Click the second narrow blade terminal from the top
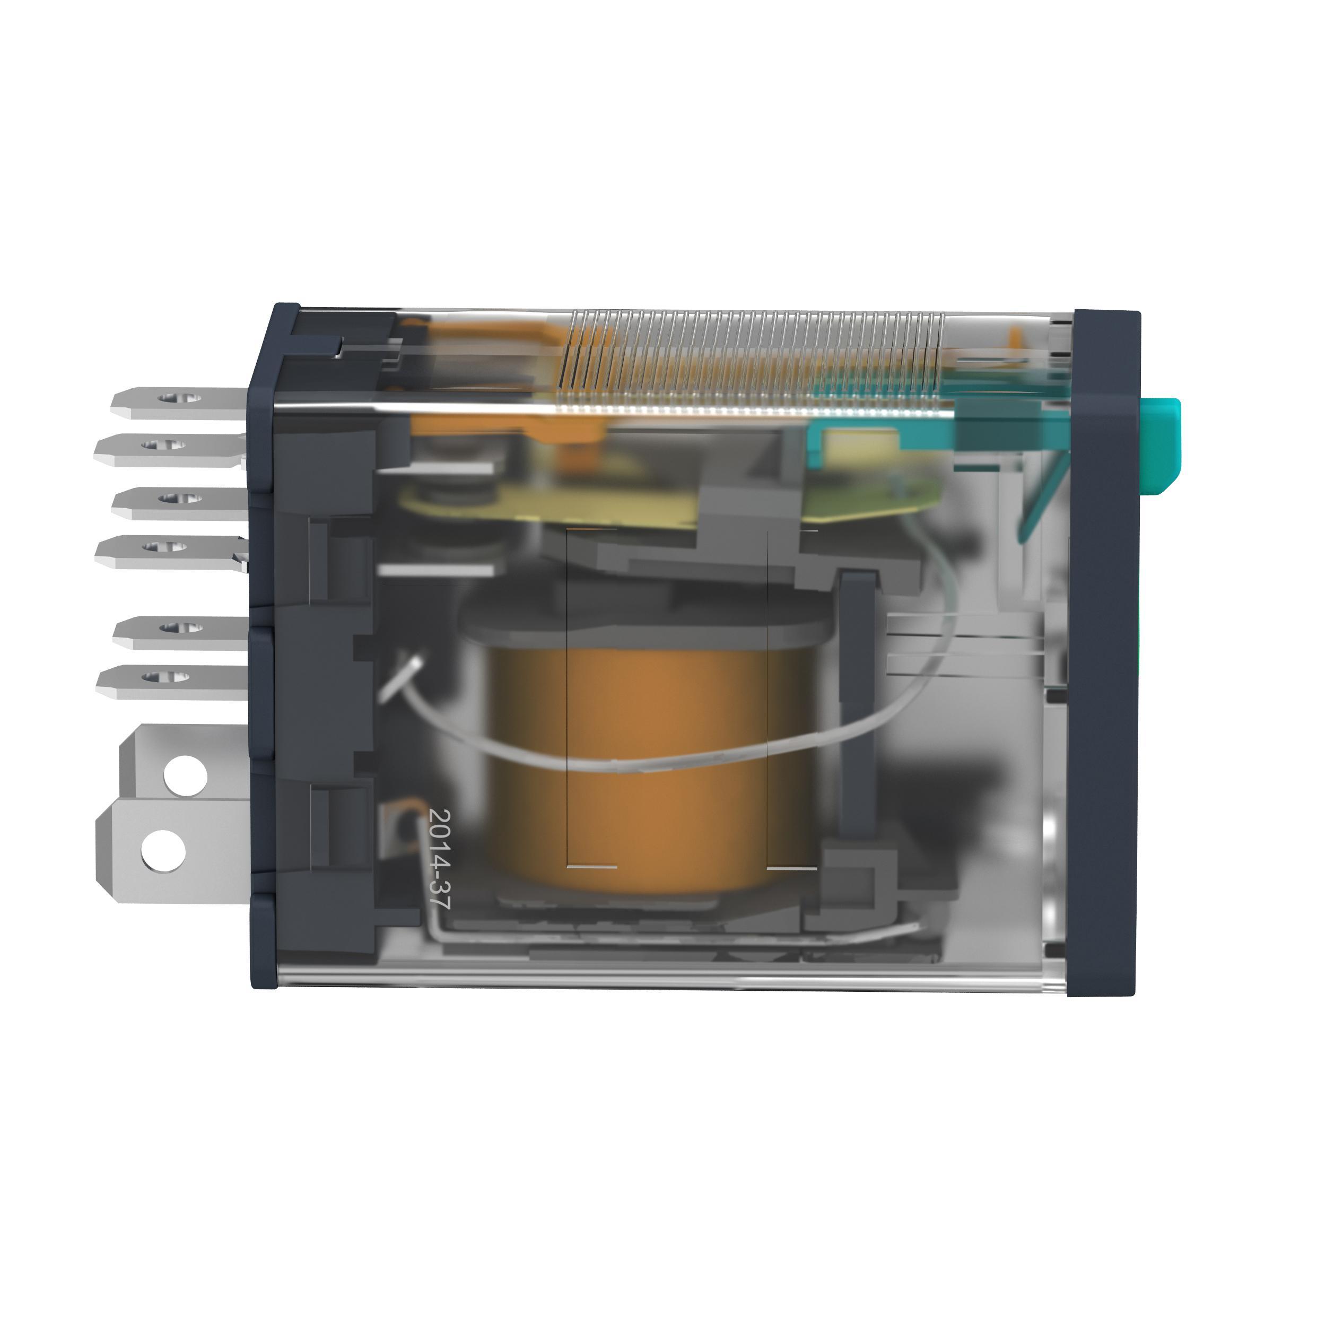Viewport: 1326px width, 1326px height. tap(168, 450)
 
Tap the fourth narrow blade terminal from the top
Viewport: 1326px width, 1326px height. tap(169, 551)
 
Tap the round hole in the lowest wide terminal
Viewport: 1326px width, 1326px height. tap(163, 850)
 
